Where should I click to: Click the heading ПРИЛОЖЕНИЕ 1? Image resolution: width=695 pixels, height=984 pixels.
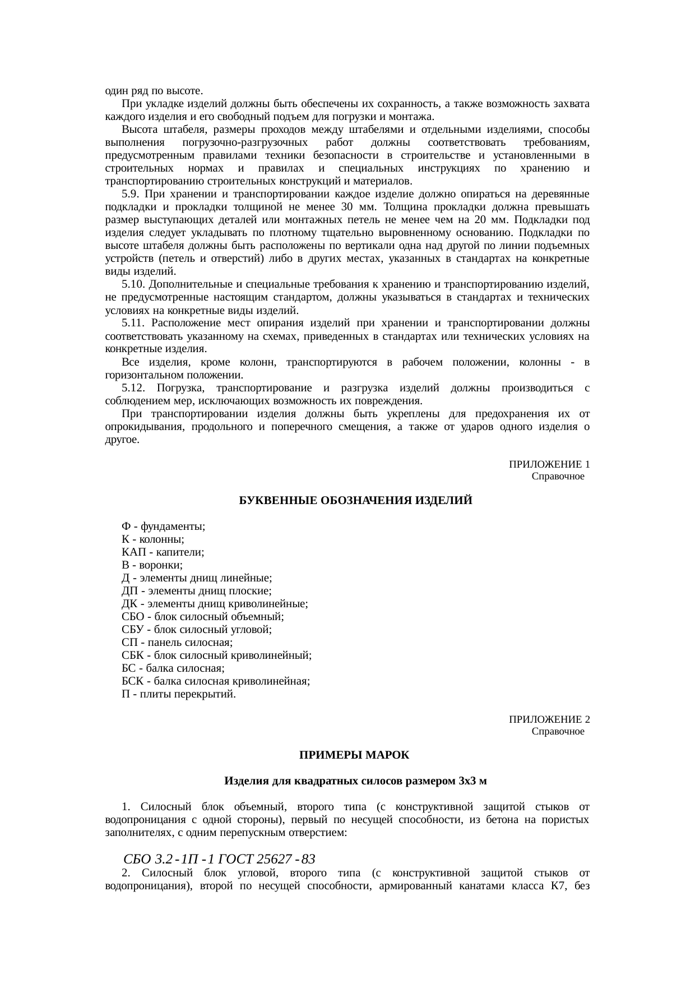click(549, 465)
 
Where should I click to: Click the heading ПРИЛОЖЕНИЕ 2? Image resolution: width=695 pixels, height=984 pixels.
click(549, 719)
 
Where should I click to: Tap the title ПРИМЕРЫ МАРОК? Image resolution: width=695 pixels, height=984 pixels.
click(354, 755)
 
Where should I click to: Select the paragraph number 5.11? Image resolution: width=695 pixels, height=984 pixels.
click(133, 323)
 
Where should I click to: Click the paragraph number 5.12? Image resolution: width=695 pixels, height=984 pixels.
click(133, 388)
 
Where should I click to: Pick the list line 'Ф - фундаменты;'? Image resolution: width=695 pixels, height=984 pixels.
click(163, 526)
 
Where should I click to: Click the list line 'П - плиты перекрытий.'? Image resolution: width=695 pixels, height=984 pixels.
click(178, 694)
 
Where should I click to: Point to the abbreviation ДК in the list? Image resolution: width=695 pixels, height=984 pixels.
click(129, 604)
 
